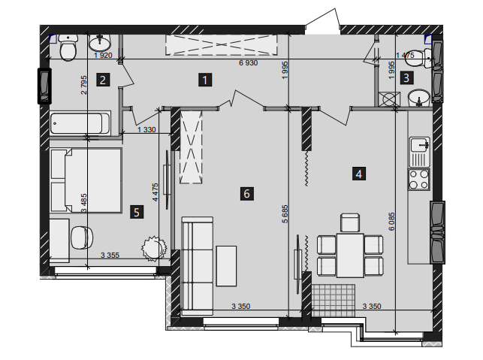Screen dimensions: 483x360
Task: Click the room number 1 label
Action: click(205, 80)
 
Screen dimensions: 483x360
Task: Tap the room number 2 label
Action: click(103, 80)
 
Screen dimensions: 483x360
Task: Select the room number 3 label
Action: click(406, 77)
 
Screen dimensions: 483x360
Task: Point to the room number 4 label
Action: click(359, 174)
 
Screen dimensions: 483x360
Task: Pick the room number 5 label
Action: click(137, 212)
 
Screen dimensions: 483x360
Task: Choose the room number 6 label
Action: click(246, 194)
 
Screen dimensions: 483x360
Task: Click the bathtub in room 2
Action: click(80, 123)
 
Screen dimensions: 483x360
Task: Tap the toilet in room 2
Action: click(68, 47)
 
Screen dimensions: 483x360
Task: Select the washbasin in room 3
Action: click(419, 98)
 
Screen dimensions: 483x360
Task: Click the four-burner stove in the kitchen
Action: click(419, 180)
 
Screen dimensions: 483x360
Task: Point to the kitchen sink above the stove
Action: click(419, 152)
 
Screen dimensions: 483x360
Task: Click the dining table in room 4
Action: click(350, 256)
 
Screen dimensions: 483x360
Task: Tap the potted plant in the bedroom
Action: click(154, 249)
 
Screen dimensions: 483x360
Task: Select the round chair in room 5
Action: click(82, 237)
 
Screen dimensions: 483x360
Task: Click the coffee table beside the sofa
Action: click(226, 266)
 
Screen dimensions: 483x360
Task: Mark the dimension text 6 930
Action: click(249, 63)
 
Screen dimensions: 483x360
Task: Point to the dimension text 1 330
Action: click(146, 130)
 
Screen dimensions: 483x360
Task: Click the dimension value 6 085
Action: click(391, 221)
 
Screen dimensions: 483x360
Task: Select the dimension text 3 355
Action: click(110, 256)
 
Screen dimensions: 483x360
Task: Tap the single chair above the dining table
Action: click(350, 222)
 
